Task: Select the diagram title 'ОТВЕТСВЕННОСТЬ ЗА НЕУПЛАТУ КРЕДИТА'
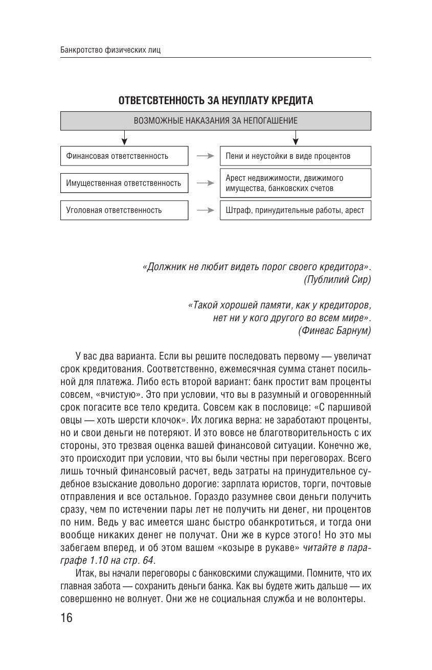pos(216,101)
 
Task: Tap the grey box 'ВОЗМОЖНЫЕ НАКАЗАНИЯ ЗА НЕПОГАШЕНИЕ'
pos(216,121)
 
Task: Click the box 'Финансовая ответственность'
pos(124,156)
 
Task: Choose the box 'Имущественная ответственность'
pos(124,183)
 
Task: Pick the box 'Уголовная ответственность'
pos(124,210)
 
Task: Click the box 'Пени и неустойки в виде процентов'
pos(295,156)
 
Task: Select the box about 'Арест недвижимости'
pos(295,183)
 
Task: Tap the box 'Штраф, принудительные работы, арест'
pos(295,210)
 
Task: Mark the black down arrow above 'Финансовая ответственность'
pos(124,138)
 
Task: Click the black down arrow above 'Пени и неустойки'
pos(295,138)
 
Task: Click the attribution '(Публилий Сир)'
pos(337,279)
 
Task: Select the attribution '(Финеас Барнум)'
pos(334,330)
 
